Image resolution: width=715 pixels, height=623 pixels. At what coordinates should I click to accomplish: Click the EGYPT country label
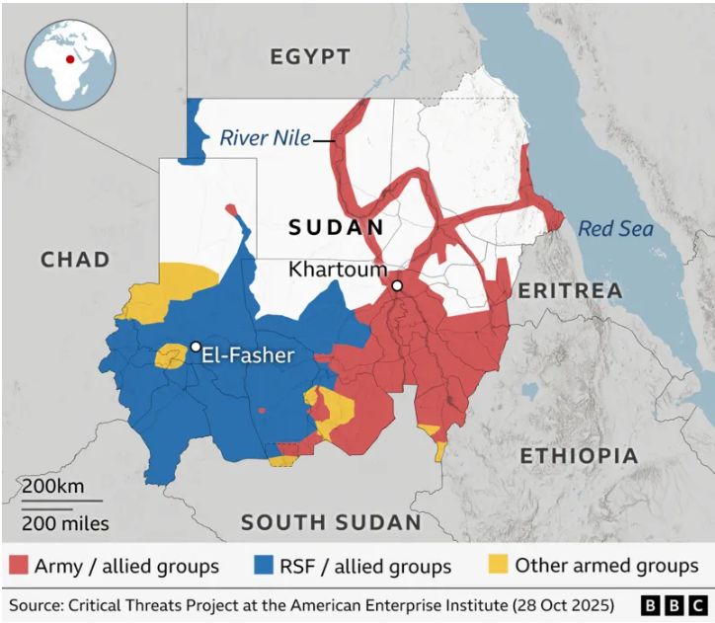(310, 56)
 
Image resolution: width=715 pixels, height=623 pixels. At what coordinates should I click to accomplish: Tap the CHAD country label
(75, 260)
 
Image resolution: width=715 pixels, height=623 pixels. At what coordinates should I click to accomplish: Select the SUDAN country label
(336, 228)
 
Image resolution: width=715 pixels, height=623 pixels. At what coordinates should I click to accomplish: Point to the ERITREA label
(570, 290)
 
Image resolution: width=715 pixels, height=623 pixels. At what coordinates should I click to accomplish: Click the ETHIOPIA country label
(579, 456)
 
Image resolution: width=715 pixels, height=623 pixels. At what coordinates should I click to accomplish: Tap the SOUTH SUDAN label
(331, 522)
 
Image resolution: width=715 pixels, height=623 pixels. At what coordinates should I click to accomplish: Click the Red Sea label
(615, 229)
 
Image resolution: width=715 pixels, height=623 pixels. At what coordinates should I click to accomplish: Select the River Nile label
(265, 138)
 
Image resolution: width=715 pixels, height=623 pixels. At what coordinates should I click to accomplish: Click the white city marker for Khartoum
(397, 286)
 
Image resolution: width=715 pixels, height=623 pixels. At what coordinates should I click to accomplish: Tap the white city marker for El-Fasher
(196, 347)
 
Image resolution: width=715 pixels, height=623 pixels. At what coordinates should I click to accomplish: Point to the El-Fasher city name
(248, 355)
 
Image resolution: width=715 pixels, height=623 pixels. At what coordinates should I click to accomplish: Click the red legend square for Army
(19, 566)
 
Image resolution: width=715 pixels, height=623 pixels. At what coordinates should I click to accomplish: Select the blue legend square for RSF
(262, 566)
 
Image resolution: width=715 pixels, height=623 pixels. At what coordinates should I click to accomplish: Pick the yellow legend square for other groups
(499, 566)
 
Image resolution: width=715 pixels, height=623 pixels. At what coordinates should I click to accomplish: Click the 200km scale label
(53, 487)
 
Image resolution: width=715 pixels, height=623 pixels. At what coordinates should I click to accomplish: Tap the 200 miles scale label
(66, 523)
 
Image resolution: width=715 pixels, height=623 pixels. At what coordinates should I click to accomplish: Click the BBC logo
(674, 603)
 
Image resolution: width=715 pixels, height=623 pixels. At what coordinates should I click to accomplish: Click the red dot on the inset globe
(70, 57)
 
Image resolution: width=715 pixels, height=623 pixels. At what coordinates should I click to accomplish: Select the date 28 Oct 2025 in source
(558, 603)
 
